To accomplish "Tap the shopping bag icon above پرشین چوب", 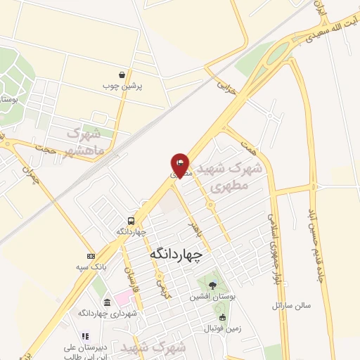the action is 123,75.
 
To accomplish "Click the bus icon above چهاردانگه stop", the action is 131,220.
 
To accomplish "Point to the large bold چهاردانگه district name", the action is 176,254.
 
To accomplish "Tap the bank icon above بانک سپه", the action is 90,256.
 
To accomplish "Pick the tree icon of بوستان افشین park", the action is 213,285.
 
